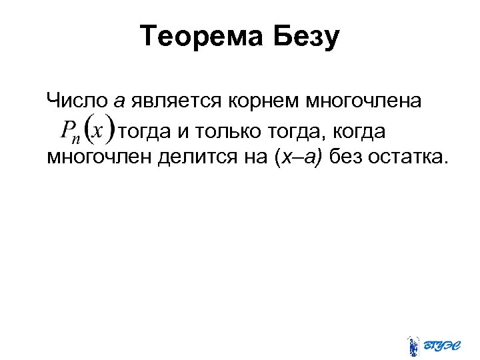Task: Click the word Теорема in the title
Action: click(x=203, y=37)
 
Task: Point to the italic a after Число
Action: click(x=120, y=102)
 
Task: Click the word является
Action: click(x=177, y=102)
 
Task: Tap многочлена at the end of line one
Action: click(x=363, y=102)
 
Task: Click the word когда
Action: click(x=353, y=131)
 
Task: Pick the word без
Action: click(x=350, y=157)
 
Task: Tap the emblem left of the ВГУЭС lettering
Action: click(x=413, y=344)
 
